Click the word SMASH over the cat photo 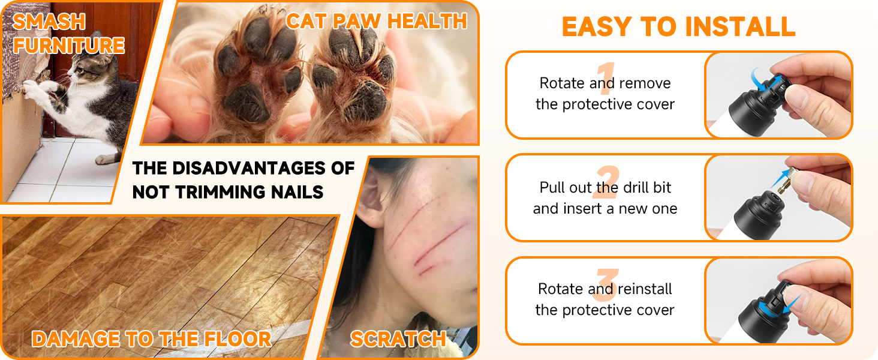click(49, 22)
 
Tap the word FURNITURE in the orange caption click(69, 45)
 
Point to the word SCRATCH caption click(398, 339)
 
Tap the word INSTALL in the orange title click(741, 26)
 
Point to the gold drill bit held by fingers click(787, 182)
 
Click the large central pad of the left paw click(246, 103)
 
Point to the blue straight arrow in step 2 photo click(780, 178)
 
